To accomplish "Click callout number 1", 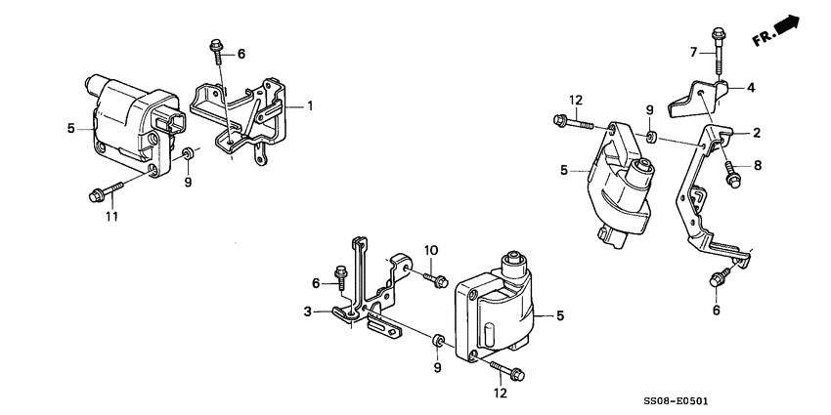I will tap(311, 105).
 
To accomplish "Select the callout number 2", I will tap(757, 131).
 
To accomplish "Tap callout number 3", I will tap(307, 311).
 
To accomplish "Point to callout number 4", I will tap(751, 87).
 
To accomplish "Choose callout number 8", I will tap(757, 166).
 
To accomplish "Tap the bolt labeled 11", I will tap(108, 191).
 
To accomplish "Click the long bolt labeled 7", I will tap(719, 49).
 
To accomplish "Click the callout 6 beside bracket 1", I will tap(241, 53).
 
